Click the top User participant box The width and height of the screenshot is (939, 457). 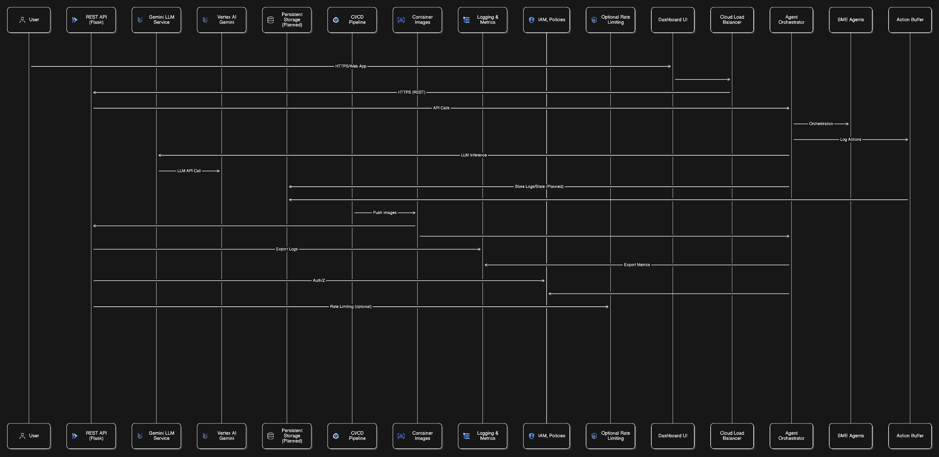pos(29,20)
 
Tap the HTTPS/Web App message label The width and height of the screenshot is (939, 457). pos(351,66)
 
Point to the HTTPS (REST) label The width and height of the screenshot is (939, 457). pos(411,92)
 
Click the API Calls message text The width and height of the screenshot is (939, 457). pos(441,108)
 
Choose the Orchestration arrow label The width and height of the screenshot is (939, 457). pos(821,124)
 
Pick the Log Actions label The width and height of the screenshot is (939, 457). pos(850,140)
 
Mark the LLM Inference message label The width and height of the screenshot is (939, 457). pos(474,155)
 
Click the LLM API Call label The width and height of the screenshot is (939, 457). pos(189,171)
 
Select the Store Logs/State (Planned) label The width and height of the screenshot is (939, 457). pos(539,186)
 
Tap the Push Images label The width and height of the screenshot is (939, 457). pos(385,213)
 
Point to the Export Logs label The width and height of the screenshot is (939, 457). pos(287,249)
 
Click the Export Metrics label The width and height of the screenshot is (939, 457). pos(636,265)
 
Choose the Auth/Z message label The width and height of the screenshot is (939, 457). pos(319,280)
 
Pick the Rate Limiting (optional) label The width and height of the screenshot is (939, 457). pos(351,307)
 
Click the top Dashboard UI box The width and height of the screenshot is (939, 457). pos(673,20)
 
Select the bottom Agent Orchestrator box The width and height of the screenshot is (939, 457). pos(791,436)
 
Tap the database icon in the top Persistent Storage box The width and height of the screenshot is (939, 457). pos(270,20)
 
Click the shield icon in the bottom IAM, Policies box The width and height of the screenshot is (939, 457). pos(531,436)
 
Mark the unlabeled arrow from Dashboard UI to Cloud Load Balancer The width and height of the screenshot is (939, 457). pos(702,79)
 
